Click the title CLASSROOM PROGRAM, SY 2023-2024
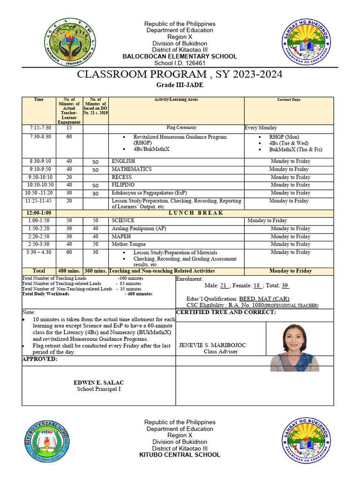pyautogui.click(x=180, y=75)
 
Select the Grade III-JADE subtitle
pyautogui.click(x=180, y=85)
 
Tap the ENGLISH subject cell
pyautogui.click(x=123, y=161)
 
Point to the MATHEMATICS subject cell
pyautogui.click(x=131, y=169)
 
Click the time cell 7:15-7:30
pyautogui.click(x=40, y=127)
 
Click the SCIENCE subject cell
pyautogui.click(x=123, y=220)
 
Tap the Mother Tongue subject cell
pyautogui.click(x=128, y=244)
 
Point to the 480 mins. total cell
pyautogui.click(x=69, y=271)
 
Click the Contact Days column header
pyautogui.click(x=289, y=100)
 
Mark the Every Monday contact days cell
pyautogui.click(x=261, y=127)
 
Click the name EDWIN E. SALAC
pyautogui.click(x=98, y=382)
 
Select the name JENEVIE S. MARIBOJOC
pyautogui.click(x=212, y=345)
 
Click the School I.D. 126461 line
pyautogui.click(x=180, y=63)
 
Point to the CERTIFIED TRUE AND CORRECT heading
pyautogui.click(x=226, y=313)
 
